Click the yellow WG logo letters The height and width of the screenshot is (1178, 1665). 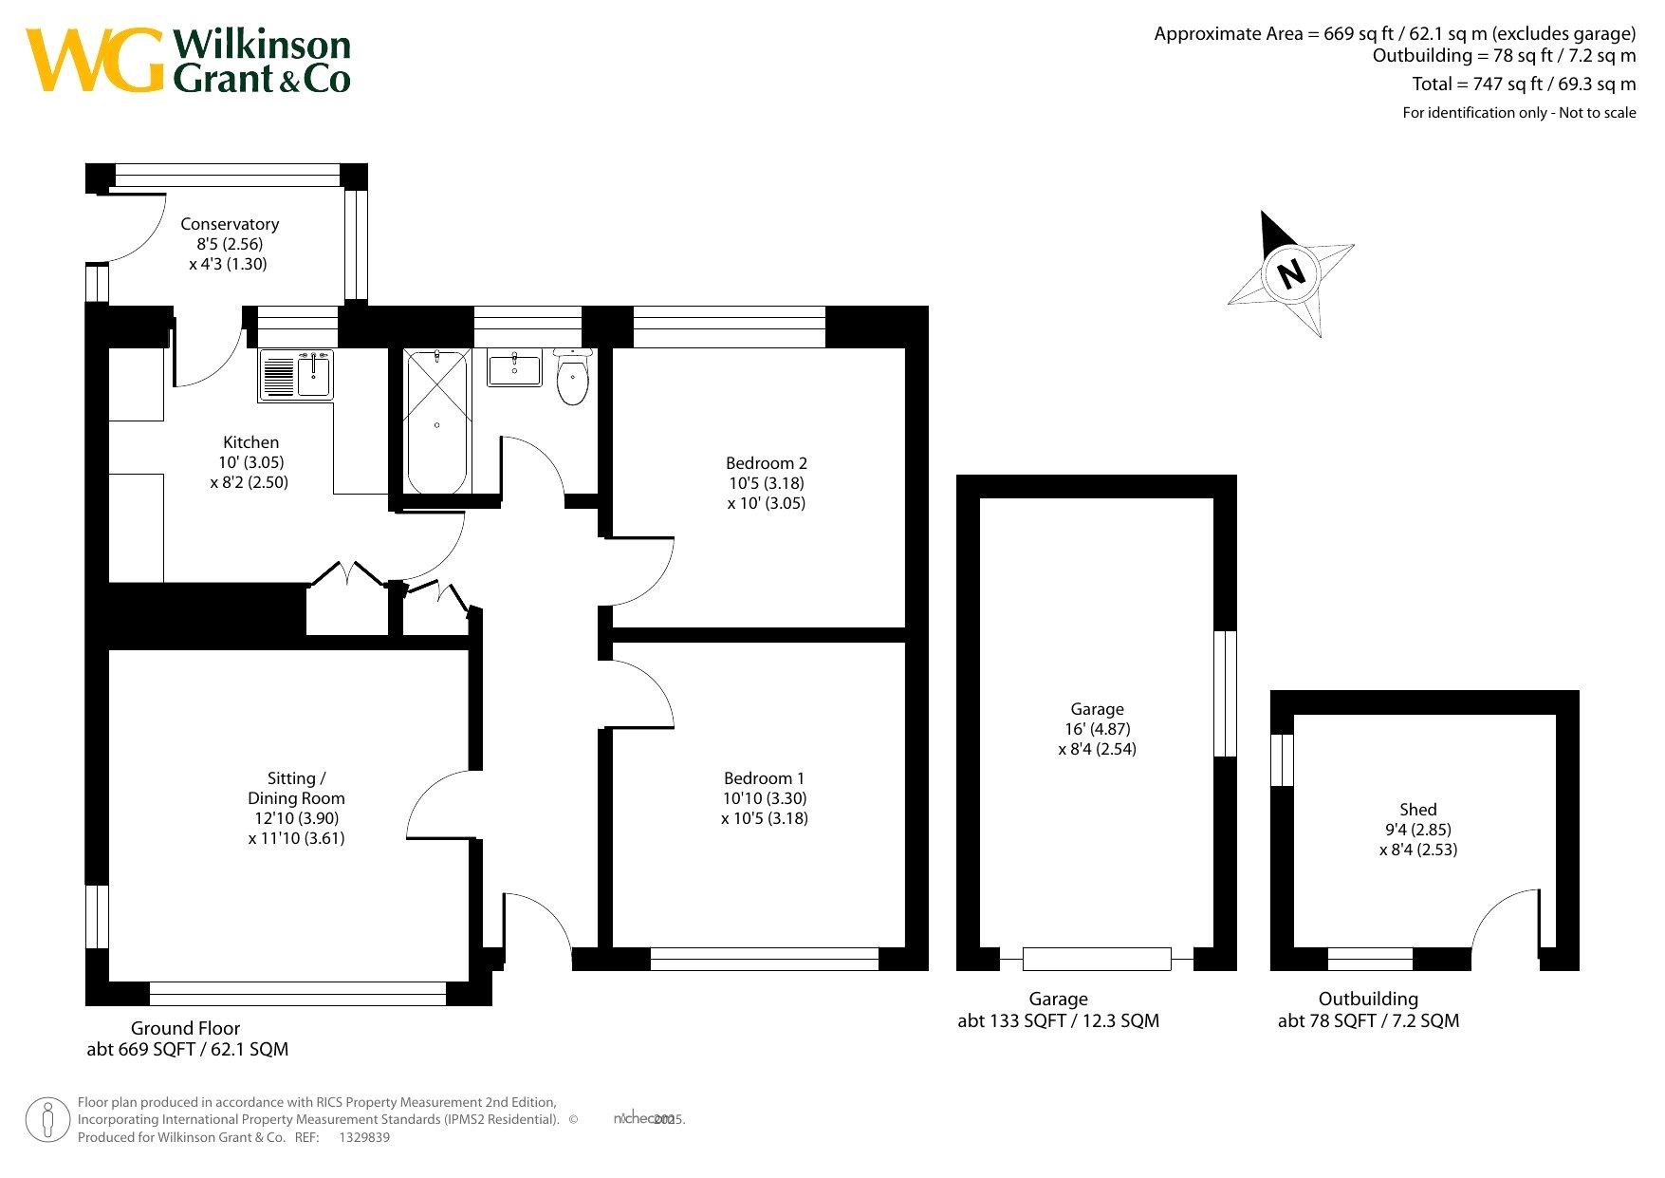(x=95, y=61)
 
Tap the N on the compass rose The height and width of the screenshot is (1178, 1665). (x=1291, y=274)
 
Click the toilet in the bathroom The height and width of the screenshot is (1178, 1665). (x=572, y=377)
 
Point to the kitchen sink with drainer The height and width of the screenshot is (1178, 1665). (x=296, y=375)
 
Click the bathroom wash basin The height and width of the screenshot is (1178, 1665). (x=514, y=367)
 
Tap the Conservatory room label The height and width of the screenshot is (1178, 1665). (x=230, y=224)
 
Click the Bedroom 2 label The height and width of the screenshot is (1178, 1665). (x=767, y=463)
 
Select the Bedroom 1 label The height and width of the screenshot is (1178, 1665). (x=764, y=778)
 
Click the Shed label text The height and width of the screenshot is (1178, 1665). (x=1418, y=810)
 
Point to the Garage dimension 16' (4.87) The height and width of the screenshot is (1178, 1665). (x=1098, y=729)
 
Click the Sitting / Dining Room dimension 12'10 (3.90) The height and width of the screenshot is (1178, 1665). (x=296, y=818)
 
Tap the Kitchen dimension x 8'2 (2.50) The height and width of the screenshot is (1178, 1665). (x=250, y=482)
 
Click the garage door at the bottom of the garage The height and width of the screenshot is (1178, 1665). (x=1097, y=959)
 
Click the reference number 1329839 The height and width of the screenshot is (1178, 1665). (x=364, y=1137)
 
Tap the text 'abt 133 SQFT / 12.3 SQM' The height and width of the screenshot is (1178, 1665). (x=1059, y=1021)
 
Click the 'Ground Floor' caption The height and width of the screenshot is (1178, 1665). (x=185, y=1028)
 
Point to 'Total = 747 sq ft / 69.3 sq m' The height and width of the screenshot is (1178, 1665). (x=1524, y=84)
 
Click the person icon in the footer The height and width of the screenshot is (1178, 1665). (x=48, y=1120)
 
